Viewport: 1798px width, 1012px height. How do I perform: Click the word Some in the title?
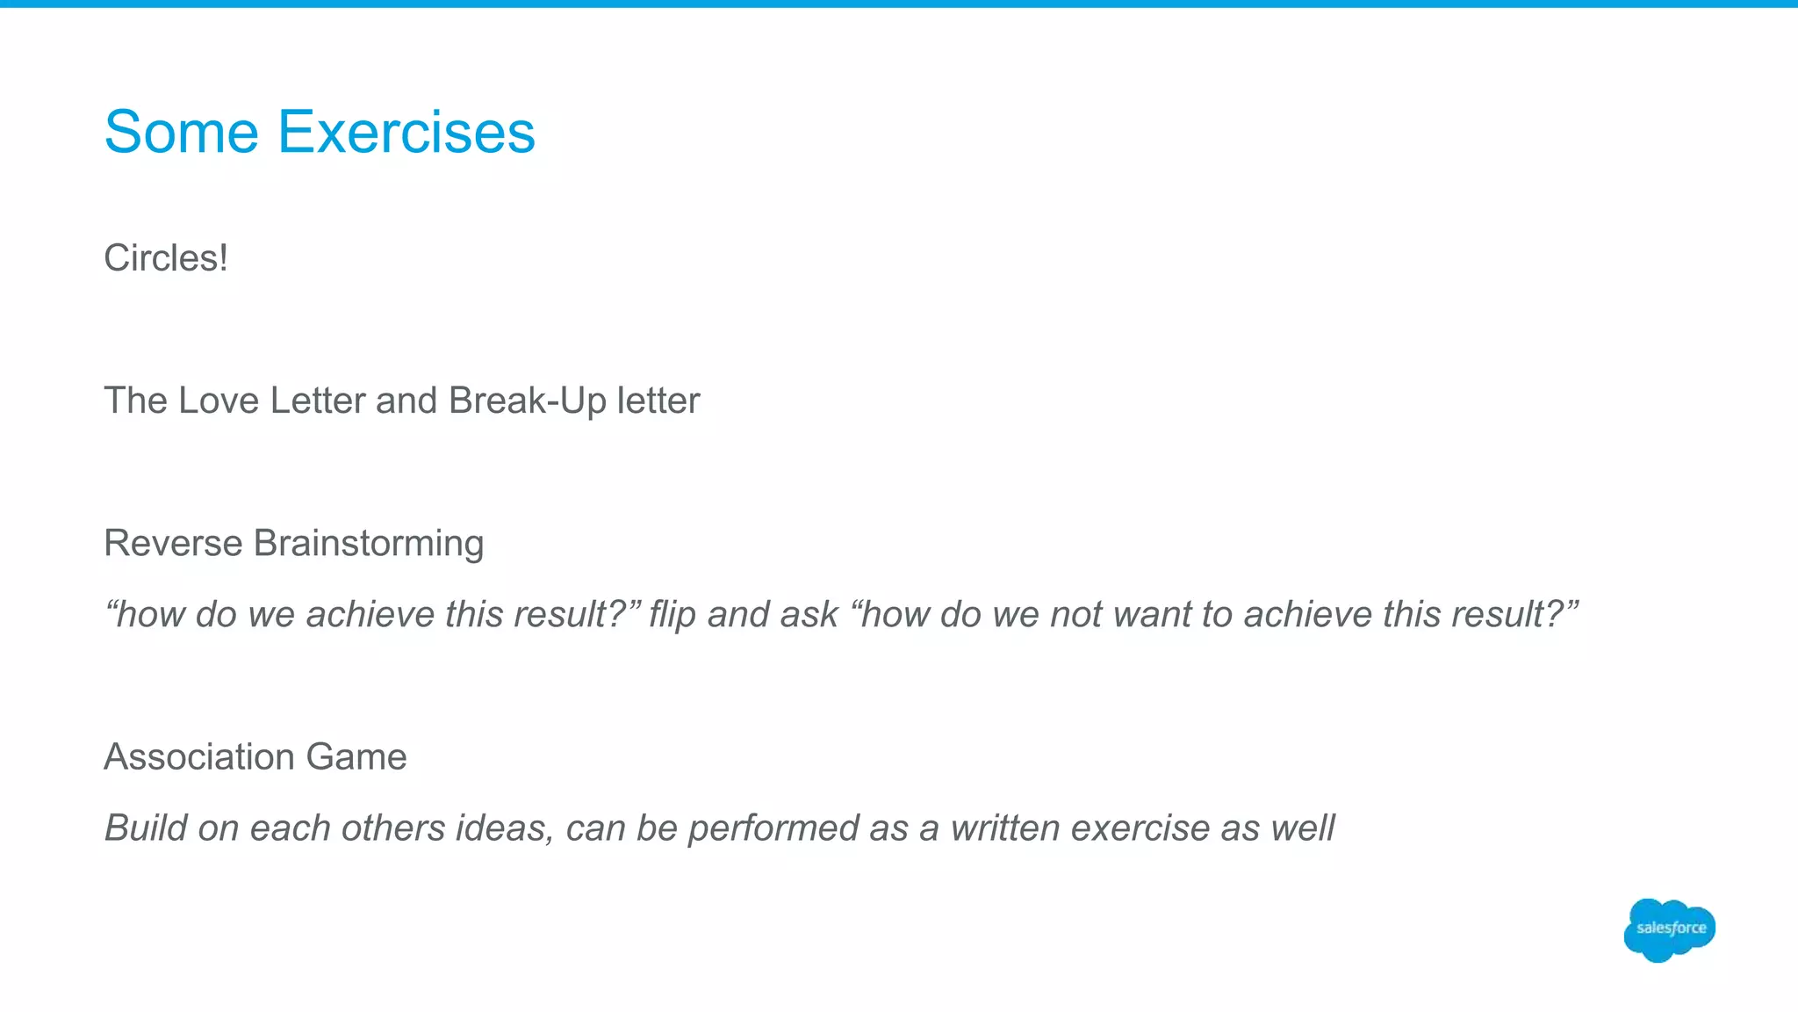tap(181, 132)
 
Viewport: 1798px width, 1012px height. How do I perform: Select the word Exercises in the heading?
tap(406, 132)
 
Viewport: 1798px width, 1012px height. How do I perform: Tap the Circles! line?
tap(166, 258)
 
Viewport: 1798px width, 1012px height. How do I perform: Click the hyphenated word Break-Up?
tap(527, 401)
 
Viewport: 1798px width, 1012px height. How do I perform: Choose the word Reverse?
tap(173, 543)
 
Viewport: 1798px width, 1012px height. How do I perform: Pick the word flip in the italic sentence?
tap(672, 615)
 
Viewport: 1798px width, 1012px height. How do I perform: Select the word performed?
tap(773, 828)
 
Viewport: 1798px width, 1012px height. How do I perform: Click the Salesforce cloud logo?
tap(1669, 929)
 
